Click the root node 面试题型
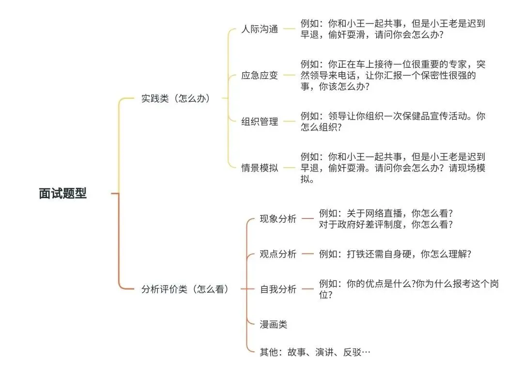pyautogui.click(x=63, y=194)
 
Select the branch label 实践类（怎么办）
pyautogui.click(x=176, y=98)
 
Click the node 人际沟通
pyautogui.click(x=260, y=29)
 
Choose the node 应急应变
pyautogui.click(x=260, y=76)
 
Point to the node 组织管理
pyautogui.click(x=260, y=122)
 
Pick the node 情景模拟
pyautogui.click(x=260, y=168)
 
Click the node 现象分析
pyautogui.click(x=278, y=219)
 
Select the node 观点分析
pyautogui.click(x=278, y=254)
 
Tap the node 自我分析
pyautogui.click(x=278, y=289)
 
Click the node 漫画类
pyautogui.click(x=274, y=325)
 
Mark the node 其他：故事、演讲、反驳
pyautogui.click(x=315, y=352)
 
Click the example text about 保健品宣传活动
pyautogui.click(x=393, y=122)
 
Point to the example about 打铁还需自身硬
pyautogui.click(x=395, y=254)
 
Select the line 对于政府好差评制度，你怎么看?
pyautogui.click(x=385, y=225)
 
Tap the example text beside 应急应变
pyautogui.click(x=393, y=76)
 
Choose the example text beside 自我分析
pyautogui.click(x=408, y=289)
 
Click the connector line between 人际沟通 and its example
pyautogui.click(x=289, y=29)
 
